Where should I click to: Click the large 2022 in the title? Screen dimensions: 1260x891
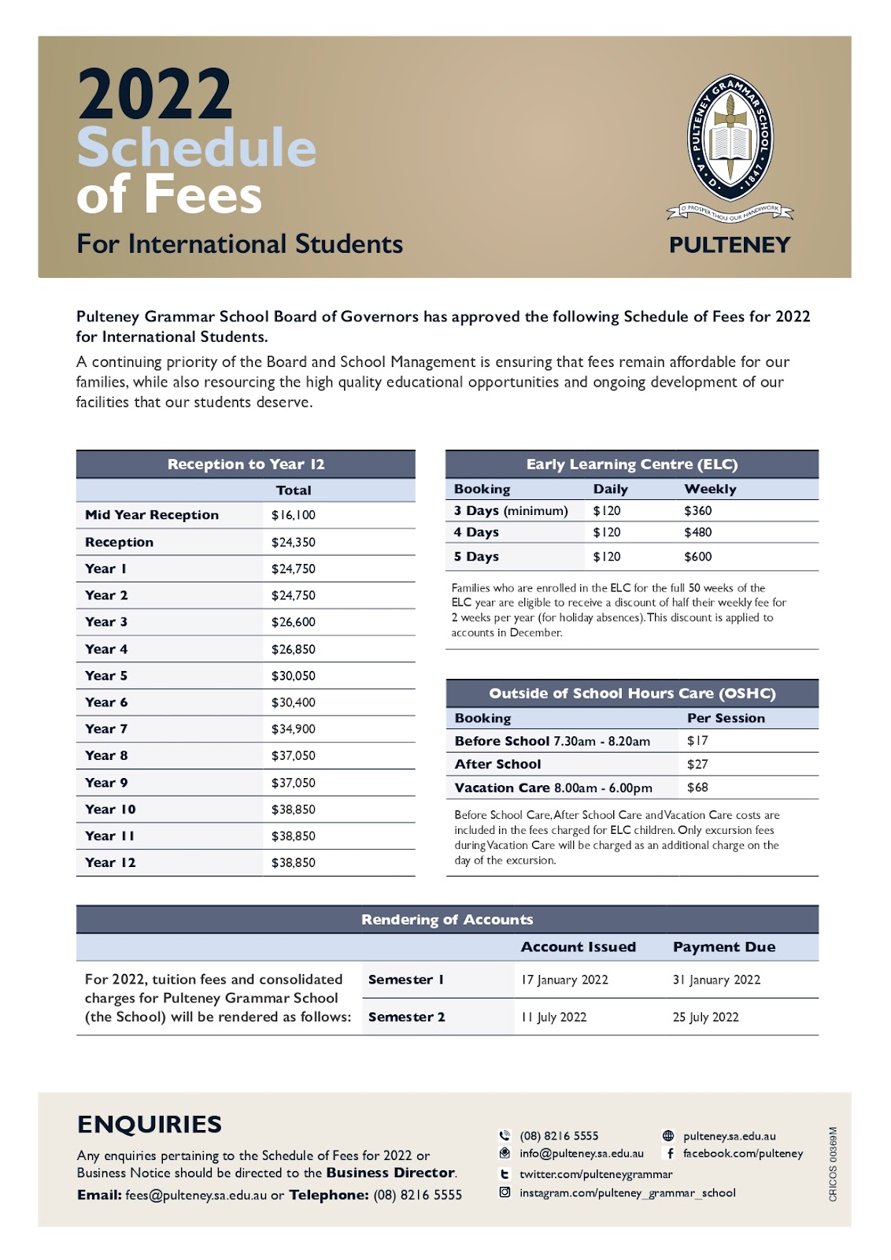pyautogui.click(x=155, y=94)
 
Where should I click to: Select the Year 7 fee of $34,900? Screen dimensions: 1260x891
pyautogui.click(x=293, y=729)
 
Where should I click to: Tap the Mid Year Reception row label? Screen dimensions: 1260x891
pyautogui.click(x=152, y=515)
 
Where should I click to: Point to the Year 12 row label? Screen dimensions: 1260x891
pyautogui.click(x=110, y=862)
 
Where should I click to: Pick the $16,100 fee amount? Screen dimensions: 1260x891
pyautogui.click(x=293, y=515)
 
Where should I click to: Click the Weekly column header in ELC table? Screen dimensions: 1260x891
pyautogui.click(x=710, y=489)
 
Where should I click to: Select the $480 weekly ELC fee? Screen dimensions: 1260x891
pyautogui.click(x=697, y=532)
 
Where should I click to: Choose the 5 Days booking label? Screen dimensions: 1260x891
pyautogui.click(x=476, y=557)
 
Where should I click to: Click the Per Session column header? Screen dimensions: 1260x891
pyautogui.click(x=726, y=718)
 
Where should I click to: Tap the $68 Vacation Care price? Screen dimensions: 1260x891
pyautogui.click(x=697, y=787)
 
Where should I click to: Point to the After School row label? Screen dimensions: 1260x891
pyautogui.click(x=497, y=764)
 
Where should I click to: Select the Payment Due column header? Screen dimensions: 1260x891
pyautogui.click(x=724, y=947)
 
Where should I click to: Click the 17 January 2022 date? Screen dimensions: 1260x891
pyautogui.click(x=564, y=980)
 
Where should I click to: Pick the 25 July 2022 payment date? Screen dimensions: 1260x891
pyautogui.click(x=705, y=1017)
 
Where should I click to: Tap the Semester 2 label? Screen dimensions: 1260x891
pyautogui.click(x=406, y=1017)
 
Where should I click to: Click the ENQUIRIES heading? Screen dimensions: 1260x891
pyautogui.click(x=150, y=1124)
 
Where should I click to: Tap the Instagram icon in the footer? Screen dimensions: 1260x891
pyautogui.click(x=505, y=1192)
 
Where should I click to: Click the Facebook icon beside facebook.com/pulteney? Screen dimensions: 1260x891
pyautogui.click(x=670, y=1154)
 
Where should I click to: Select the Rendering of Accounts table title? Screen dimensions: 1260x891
pyautogui.click(x=447, y=919)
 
